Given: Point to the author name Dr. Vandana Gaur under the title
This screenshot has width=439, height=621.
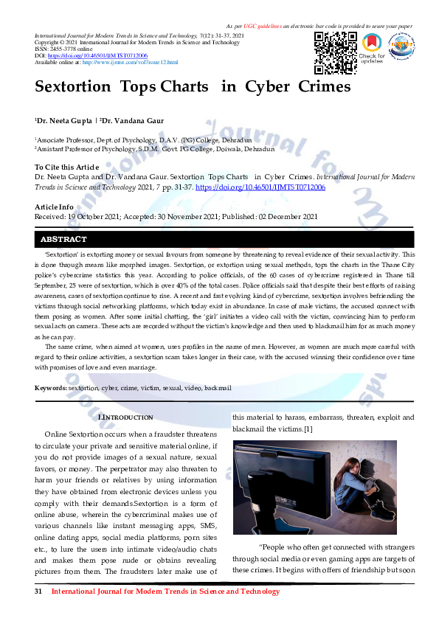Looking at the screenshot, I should pyautogui.click(x=136, y=119).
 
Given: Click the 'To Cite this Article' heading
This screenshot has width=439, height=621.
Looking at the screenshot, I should pyautogui.click(x=66, y=168).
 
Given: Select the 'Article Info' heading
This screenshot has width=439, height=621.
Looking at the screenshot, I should pyautogui.click(x=54, y=207).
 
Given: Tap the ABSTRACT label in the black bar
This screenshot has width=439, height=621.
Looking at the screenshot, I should pyautogui.click(x=63, y=240).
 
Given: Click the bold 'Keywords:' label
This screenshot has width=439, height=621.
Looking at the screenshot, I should pyautogui.click(x=51, y=388).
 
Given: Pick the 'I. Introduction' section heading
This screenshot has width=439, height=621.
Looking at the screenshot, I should pyautogui.click(x=125, y=417).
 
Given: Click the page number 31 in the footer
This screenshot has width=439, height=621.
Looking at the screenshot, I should pyautogui.click(x=39, y=591).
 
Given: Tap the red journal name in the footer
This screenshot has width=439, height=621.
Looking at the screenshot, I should pyautogui.click(x=165, y=591).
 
